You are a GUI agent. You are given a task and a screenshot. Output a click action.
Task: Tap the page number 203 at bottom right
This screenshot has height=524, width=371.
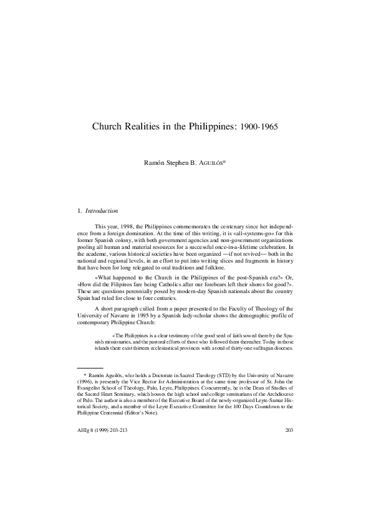[x=289, y=430]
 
